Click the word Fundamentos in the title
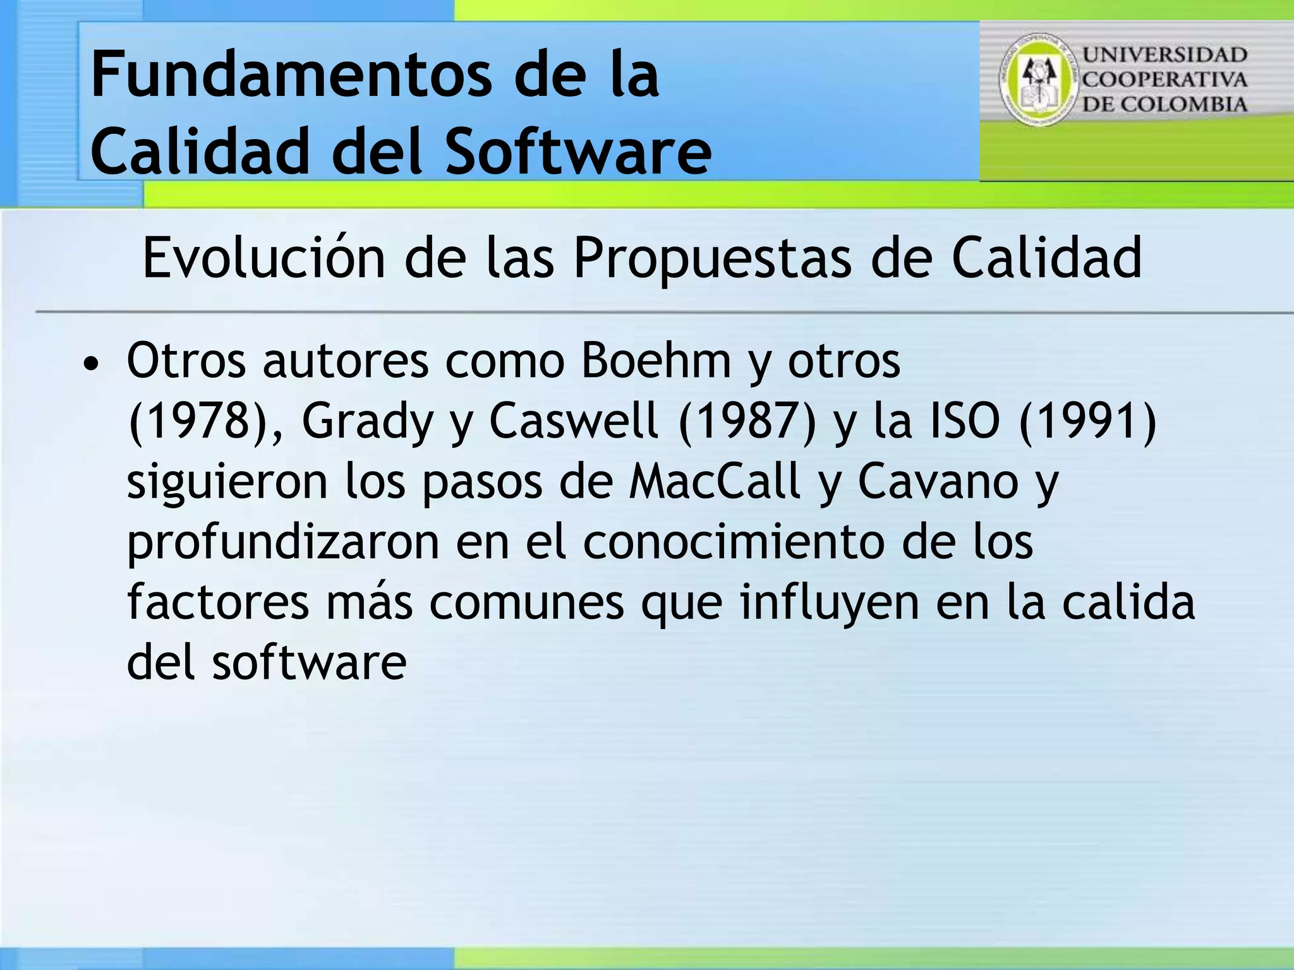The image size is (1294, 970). pos(291,76)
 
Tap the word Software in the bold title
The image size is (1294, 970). pos(577,152)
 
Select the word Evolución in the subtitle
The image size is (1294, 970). pos(263,258)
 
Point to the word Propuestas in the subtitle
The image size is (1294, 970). pos(712,258)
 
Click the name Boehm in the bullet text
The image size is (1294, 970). pos(656,361)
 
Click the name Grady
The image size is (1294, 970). pos(367,421)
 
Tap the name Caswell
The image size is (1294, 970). pos(574,421)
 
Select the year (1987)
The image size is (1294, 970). pos(747,421)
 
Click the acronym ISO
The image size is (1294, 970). pos(965,421)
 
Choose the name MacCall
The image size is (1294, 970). pos(715,481)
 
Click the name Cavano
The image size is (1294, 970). pos(938,481)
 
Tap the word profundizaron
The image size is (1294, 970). pos(283,542)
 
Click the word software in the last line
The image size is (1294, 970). pos(309,662)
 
